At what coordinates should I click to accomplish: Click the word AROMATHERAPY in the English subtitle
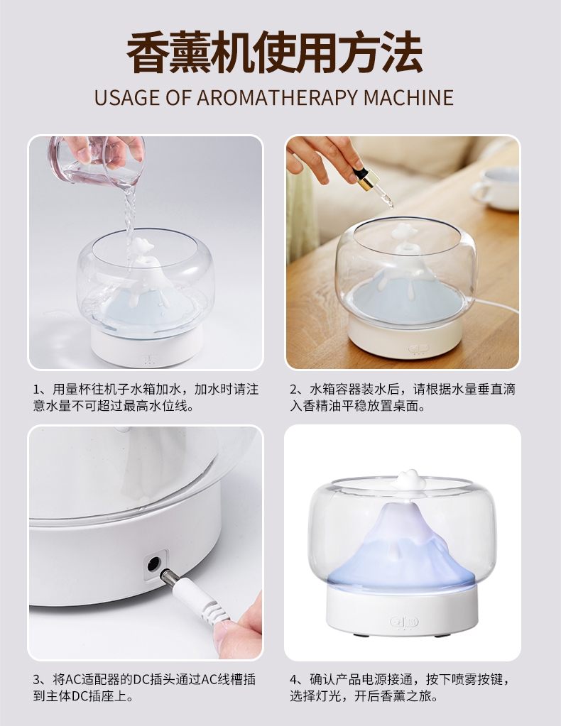click(x=277, y=97)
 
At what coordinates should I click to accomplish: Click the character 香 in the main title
click(x=147, y=53)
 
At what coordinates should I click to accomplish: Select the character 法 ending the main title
click(x=402, y=53)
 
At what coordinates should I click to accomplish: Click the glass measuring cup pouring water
click(x=97, y=159)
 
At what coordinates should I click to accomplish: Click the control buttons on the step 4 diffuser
click(x=404, y=622)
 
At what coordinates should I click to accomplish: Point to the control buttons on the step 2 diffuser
click(x=419, y=348)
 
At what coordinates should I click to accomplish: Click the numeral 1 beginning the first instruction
click(x=36, y=390)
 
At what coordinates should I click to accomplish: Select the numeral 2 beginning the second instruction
click(x=294, y=390)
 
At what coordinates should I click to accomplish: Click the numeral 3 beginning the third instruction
click(x=37, y=680)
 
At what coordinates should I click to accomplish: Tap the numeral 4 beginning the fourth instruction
click(x=294, y=680)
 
